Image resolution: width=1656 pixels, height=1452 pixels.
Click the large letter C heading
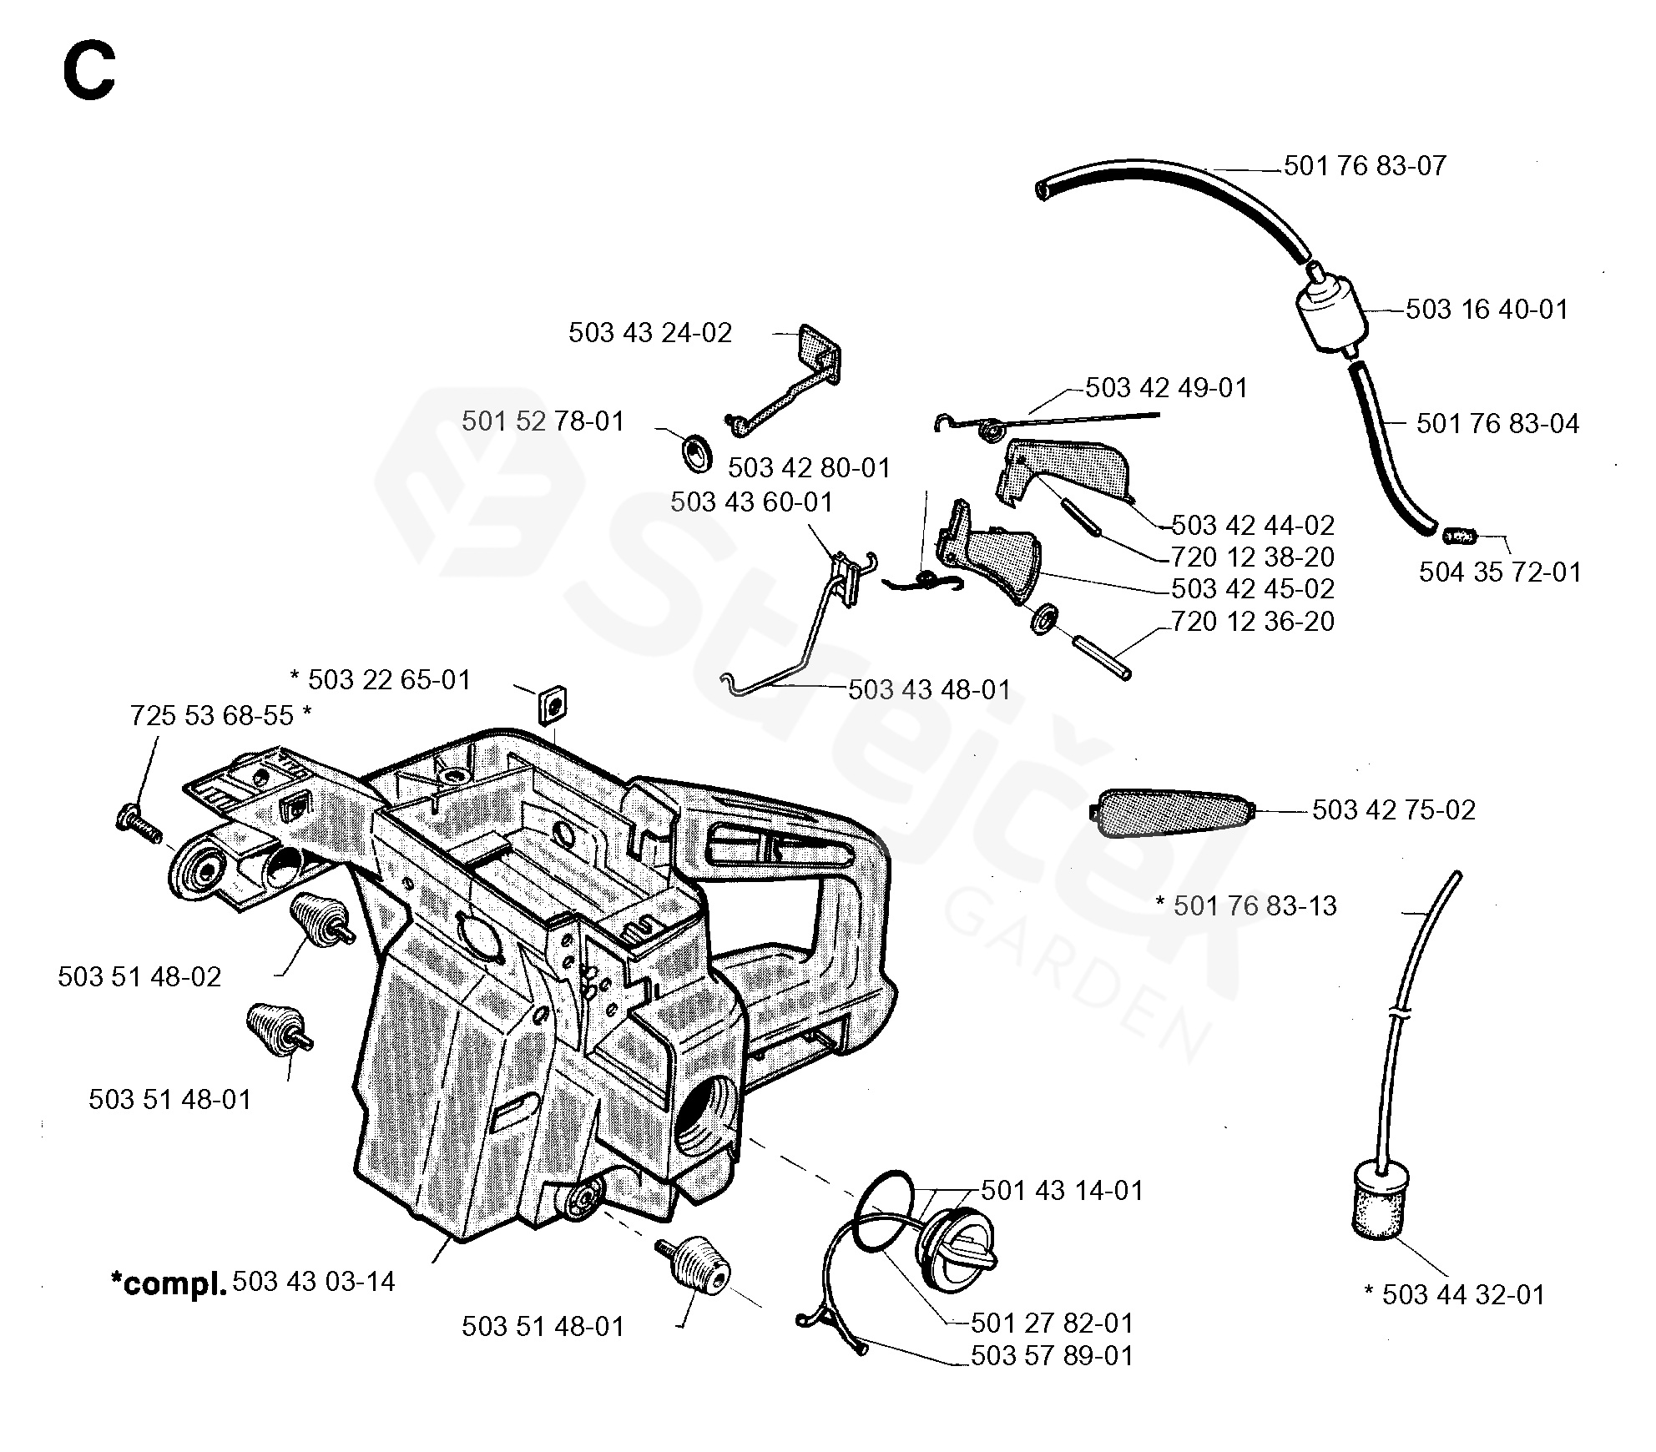88,72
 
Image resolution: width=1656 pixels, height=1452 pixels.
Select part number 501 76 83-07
1364,166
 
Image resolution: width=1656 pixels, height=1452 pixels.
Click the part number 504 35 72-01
1500,572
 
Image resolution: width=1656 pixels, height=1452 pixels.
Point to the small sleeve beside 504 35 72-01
1459,535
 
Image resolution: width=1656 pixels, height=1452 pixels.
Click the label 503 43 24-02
649,333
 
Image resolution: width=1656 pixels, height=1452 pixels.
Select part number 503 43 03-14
314,1282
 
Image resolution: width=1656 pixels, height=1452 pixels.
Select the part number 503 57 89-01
1052,1356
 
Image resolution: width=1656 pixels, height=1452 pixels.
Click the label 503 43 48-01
929,690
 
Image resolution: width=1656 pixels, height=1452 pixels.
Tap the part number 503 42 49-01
1166,388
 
